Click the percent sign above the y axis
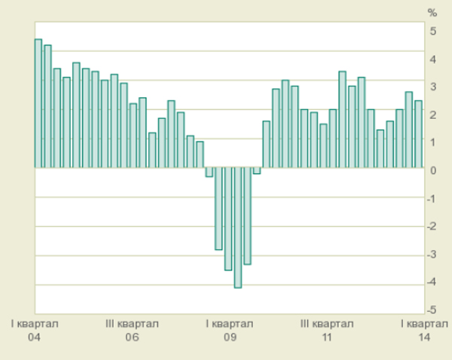coord(432,13)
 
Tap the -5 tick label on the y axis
coord(432,310)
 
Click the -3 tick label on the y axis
coord(432,255)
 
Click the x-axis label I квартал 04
coord(34,331)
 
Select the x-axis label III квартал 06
coord(132,331)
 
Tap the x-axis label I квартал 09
coord(230,331)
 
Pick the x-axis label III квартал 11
coord(327,331)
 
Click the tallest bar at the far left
coord(38,103)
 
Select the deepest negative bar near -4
coord(238,227)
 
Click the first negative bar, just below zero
coord(209,172)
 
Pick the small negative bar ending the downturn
coord(257,170)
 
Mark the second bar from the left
coord(47,106)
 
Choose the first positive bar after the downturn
coord(266,144)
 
